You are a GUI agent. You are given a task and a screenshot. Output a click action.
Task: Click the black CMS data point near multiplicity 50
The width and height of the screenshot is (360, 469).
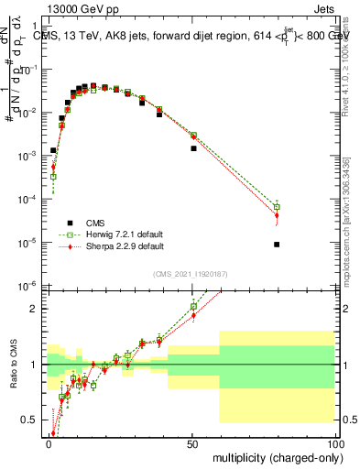(193, 148)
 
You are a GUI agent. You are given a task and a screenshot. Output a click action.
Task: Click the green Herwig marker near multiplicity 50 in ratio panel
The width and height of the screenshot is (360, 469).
(193, 306)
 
